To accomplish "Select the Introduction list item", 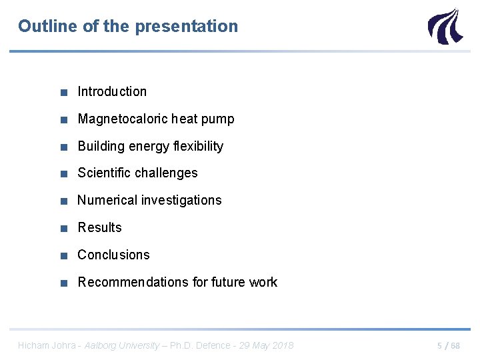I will (112, 91).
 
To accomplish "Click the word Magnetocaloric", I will (122, 119).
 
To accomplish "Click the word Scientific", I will (104, 173).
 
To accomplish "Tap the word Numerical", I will (108, 200).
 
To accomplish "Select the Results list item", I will (99, 227).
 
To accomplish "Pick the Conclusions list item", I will (113, 255).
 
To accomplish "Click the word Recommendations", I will (133, 282).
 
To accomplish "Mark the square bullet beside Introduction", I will (63, 92).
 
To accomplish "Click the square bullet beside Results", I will (63, 228).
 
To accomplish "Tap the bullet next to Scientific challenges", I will (63, 173).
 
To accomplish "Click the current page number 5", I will (439, 346).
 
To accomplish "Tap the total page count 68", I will (455, 346).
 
